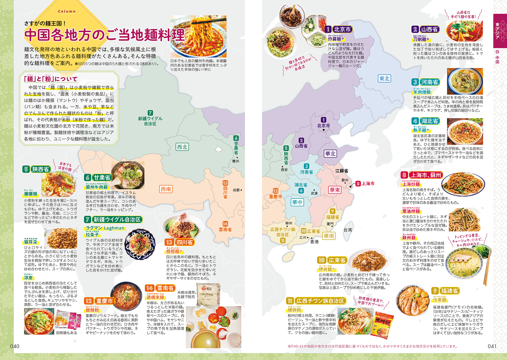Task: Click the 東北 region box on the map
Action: coord(384,79)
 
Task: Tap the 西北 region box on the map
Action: coord(182,147)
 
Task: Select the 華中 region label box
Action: coord(297,202)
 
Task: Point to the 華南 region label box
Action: coord(329,236)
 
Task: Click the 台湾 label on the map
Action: coord(348,230)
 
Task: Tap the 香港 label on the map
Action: coord(314,242)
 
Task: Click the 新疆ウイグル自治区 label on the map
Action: coord(150,121)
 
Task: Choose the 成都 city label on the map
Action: coord(236,190)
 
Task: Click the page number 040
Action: coord(15,346)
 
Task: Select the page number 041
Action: coord(492,346)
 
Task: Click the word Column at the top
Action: coord(67,12)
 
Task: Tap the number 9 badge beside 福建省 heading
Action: coord(435,291)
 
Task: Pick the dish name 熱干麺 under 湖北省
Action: coord(420,130)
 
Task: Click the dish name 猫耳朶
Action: coord(30,242)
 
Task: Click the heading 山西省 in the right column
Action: coord(429,29)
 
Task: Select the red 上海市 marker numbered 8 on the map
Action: coord(358,184)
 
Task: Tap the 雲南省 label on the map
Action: coord(225,229)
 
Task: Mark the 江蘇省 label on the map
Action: coord(341,171)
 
